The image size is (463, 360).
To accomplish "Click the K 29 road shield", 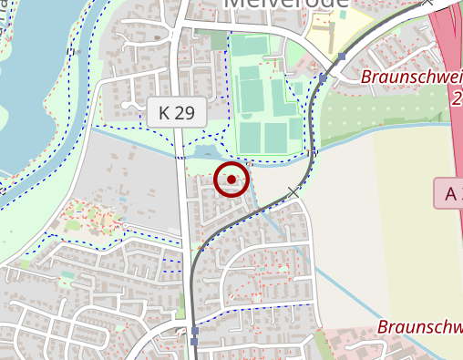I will (x=177, y=113).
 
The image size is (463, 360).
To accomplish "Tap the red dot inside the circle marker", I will (x=231, y=180).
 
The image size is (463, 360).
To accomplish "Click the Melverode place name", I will (x=285, y=4).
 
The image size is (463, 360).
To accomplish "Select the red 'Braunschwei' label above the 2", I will (x=410, y=77).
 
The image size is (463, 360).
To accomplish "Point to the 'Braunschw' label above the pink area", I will (x=419, y=326).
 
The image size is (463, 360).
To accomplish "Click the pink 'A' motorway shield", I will (x=448, y=193).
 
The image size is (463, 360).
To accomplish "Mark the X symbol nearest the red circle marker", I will (x=293, y=191).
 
